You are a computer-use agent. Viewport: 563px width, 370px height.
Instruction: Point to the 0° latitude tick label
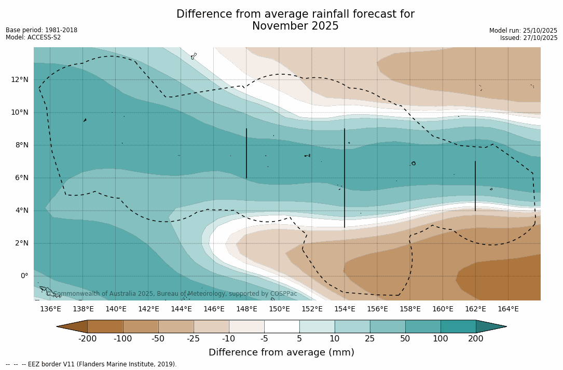[x=24, y=276]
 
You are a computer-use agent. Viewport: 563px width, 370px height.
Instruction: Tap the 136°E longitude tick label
[x=50, y=309]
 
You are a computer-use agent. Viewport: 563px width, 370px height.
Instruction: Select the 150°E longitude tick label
[x=279, y=309]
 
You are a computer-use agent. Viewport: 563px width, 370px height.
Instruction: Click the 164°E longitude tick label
[x=508, y=309]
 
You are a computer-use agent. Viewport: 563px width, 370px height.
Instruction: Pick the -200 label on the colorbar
[x=87, y=339]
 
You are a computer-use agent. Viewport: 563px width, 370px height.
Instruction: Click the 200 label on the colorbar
[x=476, y=339]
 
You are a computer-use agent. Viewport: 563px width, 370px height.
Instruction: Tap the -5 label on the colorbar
[x=264, y=339]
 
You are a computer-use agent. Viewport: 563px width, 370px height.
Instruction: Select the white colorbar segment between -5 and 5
[x=282, y=326]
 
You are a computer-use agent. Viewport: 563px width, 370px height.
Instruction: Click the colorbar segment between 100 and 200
[x=458, y=326]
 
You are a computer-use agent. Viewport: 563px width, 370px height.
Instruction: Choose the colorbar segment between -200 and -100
[x=105, y=326]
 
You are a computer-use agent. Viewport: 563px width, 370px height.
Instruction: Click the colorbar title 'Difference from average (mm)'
[x=281, y=353]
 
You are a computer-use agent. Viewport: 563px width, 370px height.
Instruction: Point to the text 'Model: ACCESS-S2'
[x=33, y=37]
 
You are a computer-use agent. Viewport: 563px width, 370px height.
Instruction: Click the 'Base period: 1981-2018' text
[x=42, y=30]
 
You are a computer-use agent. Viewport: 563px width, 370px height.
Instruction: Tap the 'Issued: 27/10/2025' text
[x=529, y=38]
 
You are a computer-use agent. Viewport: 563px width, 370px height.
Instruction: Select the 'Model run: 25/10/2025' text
[x=523, y=31]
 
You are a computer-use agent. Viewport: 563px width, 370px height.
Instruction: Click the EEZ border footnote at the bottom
[x=91, y=364]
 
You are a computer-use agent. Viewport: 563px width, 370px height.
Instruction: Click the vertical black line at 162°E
[x=475, y=186]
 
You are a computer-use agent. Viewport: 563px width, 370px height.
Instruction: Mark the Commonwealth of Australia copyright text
[x=172, y=294]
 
